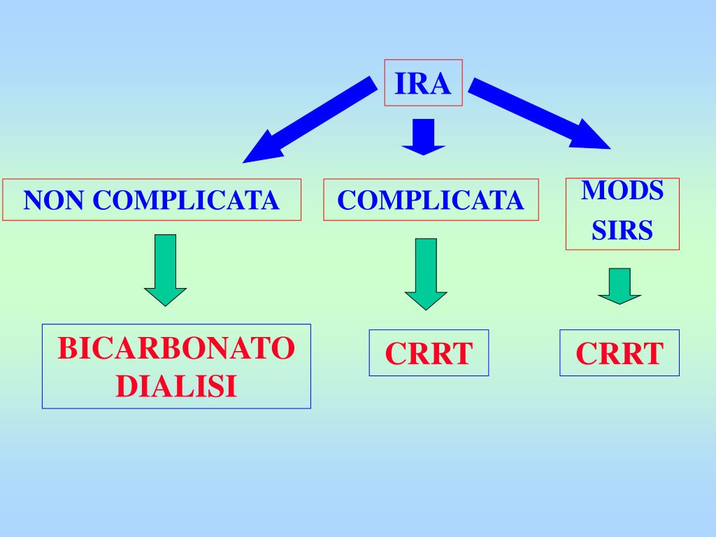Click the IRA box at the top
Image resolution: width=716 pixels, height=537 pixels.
pyautogui.click(x=424, y=83)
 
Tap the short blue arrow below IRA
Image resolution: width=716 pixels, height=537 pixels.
pyautogui.click(x=424, y=136)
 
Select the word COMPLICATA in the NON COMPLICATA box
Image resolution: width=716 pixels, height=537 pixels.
pyautogui.click(x=186, y=201)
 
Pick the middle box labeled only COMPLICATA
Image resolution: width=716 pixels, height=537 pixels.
pyautogui.click(x=431, y=200)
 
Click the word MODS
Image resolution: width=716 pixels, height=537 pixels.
pyautogui.click(x=622, y=191)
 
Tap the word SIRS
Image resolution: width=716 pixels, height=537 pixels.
pyautogui.click(x=622, y=231)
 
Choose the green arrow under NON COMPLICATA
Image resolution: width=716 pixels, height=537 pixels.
pyautogui.click(x=166, y=269)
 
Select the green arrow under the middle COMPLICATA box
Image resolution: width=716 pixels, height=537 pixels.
pyautogui.click(x=425, y=273)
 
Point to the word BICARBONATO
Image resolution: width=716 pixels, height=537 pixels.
pyautogui.click(x=176, y=348)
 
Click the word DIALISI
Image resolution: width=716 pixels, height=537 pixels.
pyautogui.click(x=176, y=386)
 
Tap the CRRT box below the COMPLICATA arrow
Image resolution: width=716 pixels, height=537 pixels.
pyautogui.click(x=429, y=353)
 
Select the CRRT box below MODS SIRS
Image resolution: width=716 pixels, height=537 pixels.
pyautogui.click(x=620, y=353)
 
